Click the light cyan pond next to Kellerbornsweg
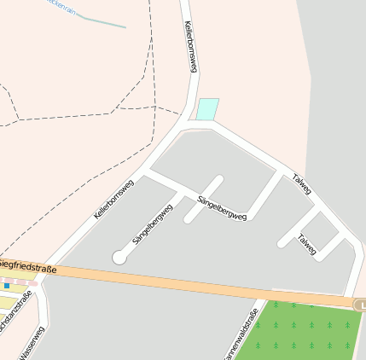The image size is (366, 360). click(207, 109)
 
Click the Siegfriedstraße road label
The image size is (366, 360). click(27, 266)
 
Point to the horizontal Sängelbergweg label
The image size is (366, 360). click(222, 208)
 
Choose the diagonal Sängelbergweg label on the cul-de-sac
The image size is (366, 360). click(153, 224)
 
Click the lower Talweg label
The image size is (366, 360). click(306, 244)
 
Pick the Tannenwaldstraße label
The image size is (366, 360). click(241, 333)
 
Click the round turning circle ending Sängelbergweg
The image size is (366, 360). click(119, 257)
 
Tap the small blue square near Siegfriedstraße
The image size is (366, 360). click(8, 285)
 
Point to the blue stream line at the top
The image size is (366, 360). click(102, 21)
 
